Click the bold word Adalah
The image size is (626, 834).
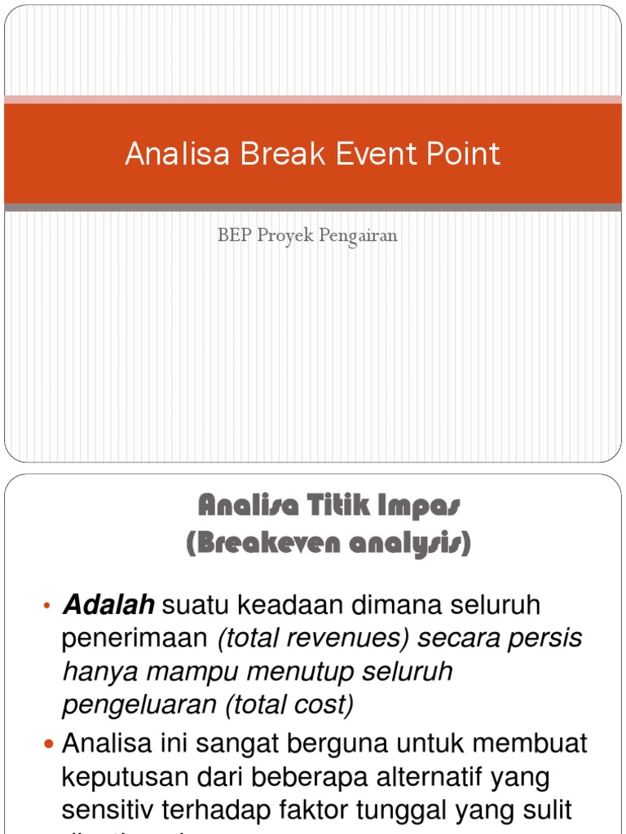click(x=109, y=605)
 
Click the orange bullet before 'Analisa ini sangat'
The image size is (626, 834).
click(x=47, y=744)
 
